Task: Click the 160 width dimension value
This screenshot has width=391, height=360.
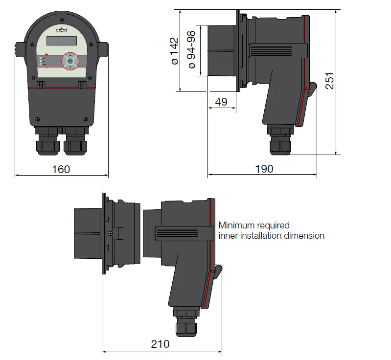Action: (x=61, y=169)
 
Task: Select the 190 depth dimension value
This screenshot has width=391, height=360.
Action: (x=264, y=169)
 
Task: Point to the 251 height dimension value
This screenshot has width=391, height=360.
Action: (x=330, y=81)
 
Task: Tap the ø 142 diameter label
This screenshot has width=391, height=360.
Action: (x=174, y=51)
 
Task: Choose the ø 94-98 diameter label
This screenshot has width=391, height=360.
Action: (x=191, y=51)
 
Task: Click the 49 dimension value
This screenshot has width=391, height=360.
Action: (x=221, y=102)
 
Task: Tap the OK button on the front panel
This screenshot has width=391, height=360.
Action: (x=70, y=62)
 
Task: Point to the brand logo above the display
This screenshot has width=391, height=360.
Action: (x=62, y=31)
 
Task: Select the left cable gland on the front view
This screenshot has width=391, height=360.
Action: (x=48, y=143)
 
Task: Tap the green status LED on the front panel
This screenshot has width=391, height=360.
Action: (x=41, y=58)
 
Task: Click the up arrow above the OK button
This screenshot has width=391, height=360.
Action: (x=70, y=55)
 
